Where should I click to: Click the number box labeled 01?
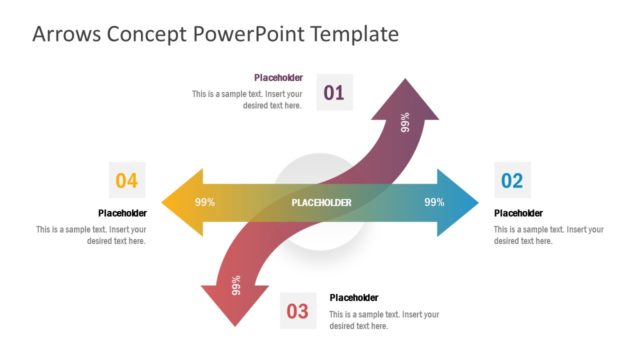point(334,93)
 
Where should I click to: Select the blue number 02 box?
point(512,180)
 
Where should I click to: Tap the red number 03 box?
point(298,311)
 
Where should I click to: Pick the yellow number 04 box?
point(126,180)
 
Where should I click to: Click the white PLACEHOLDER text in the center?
point(321,203)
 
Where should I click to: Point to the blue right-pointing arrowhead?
point(458,202)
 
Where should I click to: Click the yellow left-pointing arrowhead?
point(181,202)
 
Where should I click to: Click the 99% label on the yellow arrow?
point(205,202)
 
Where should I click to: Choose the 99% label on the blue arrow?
point(434,202)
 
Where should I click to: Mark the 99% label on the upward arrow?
point(405,122)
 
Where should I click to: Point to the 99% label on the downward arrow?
point(237,285)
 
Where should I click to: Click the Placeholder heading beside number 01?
point(278,77)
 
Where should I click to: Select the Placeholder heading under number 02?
point(518,213)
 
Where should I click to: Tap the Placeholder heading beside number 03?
point(354,297)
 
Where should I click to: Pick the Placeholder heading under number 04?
point(122,213)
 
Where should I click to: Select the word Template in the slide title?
point(355,34)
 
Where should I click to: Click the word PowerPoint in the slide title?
point(256,34)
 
